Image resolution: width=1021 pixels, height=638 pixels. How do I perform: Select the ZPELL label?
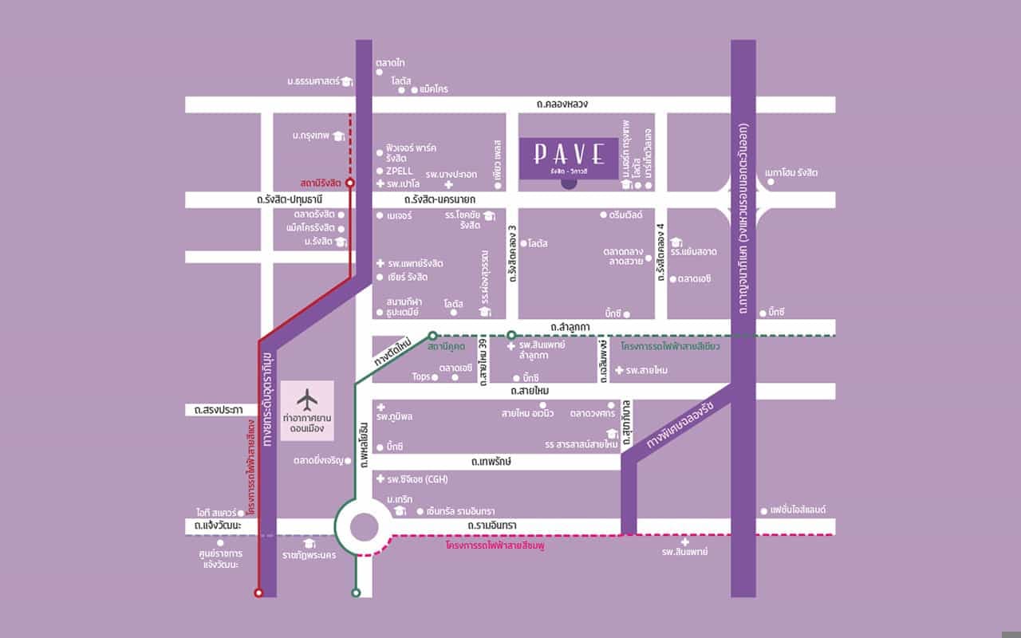tap(399, 171)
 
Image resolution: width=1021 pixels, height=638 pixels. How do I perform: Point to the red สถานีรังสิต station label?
tap(321, 183)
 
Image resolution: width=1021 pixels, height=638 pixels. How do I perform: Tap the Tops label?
tap(420, 376)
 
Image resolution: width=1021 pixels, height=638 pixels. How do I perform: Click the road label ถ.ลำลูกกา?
tap(570, 327)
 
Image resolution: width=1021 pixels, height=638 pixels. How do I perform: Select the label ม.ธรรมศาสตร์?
tap(313, 81)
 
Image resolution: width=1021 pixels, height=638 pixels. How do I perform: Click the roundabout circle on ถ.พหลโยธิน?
tap(364, 527)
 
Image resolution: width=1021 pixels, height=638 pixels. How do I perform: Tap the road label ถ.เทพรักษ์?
tap(490, 462)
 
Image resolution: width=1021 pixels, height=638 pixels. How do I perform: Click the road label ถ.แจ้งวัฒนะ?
tap(217, 526)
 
